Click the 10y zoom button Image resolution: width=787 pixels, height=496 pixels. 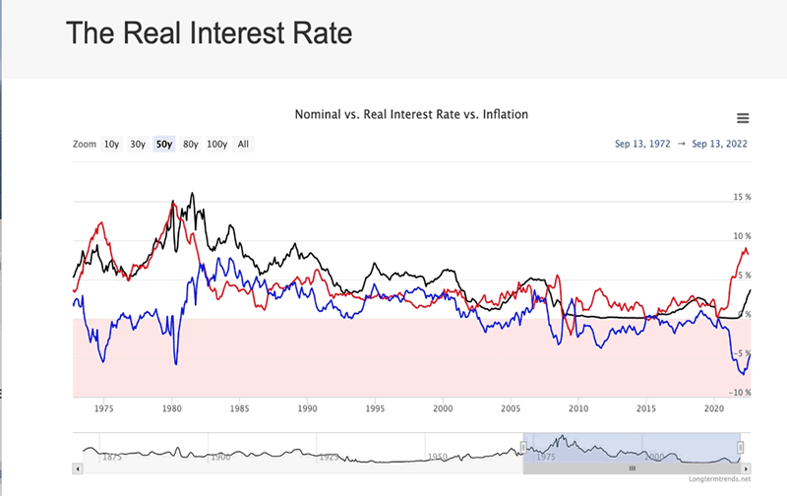(x=111, y=145)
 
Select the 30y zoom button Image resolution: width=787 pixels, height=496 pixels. (x=138, y=145)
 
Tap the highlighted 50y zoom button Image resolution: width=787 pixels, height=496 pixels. (x=163, y=145)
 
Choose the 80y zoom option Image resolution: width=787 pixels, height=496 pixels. (x=190, y=145)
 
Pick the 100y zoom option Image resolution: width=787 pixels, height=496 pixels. (x=216, y=145)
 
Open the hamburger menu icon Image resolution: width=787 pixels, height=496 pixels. (x=743, y=118)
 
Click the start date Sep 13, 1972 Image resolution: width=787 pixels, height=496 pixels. (x=642, y=145)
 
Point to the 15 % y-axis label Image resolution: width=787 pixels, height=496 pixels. (x=742, y=198)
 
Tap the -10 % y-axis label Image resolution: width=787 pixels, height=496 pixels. (x=740, y=393)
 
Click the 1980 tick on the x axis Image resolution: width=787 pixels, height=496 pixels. (x=172, y=406)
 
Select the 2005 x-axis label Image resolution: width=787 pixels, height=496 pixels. (x=511, y=406)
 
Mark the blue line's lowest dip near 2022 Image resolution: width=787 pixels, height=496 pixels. (x=742, y=374)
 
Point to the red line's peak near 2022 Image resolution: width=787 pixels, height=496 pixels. (x=745, y=248)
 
